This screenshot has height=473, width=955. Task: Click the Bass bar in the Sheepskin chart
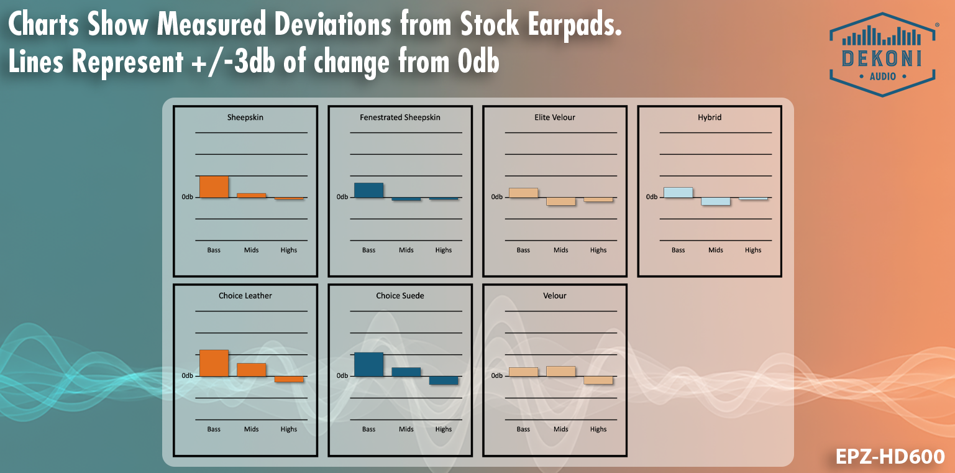click(214, 186)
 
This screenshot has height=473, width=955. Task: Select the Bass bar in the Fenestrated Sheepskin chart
click(368, 190)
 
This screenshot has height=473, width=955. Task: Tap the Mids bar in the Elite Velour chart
click(560, 201)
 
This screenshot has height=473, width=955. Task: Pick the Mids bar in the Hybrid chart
click(715, 201)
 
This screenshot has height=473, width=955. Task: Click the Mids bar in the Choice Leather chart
click(251, 370)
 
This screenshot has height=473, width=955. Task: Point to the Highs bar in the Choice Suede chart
click(443, 380)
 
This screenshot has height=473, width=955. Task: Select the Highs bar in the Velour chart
click(598, 380)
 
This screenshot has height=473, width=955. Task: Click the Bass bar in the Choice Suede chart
click(368, 364)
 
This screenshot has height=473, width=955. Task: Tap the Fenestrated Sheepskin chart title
click(400, 117)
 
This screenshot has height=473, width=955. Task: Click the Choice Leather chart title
click(245, 296)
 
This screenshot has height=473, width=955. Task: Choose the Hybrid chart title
click(710, 117)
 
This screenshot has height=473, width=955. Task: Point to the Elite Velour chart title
click(555, 117)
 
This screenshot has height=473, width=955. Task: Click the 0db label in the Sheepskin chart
click(187, 197)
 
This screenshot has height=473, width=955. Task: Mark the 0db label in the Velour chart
click(496, 376)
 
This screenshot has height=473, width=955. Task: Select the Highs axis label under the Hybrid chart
click(753, 250)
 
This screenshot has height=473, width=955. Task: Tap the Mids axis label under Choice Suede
click(406, 429)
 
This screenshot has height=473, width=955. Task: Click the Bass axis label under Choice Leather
click(214, 429)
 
